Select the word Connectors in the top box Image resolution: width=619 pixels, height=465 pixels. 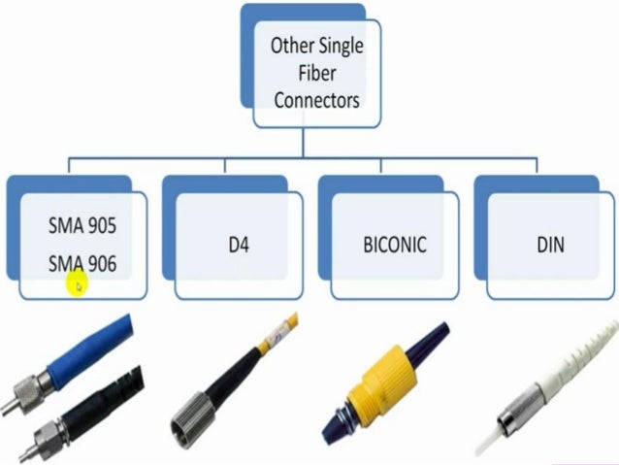pyautogui.click(x=316, y=99)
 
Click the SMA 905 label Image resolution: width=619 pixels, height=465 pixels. pyautogui.click(x=81, y=226)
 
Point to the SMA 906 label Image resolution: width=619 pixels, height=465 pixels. pyautogui.click(x=81, y=260)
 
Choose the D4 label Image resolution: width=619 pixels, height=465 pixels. pyautogui.click(x=239, y=245)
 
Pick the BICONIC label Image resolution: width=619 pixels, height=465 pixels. pyautogui.click(x=394, y=245)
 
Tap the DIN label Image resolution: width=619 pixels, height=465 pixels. pyautogui.click(x=549, y=245)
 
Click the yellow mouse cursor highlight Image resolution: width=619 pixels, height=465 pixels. pyautogui.click(x=77, y=284)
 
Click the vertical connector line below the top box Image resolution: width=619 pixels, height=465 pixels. pyautogui.click(x=305, y=142)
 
